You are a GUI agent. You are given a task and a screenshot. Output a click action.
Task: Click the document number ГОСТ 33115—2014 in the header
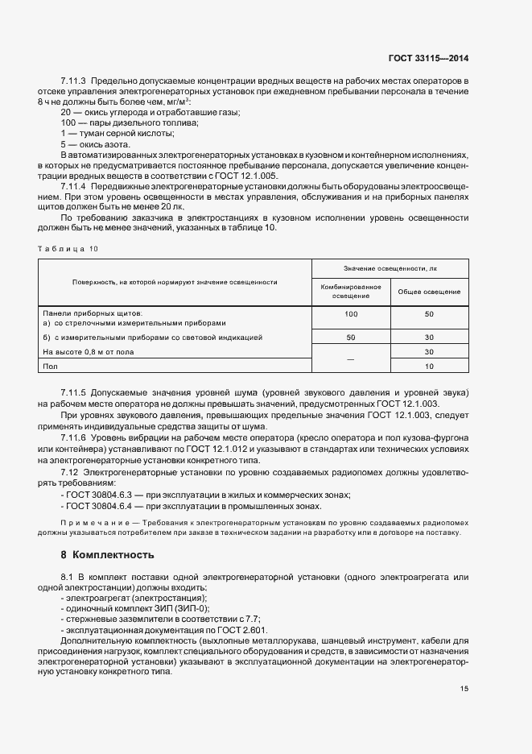(428, 58)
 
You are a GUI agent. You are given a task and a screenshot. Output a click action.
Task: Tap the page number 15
(464, 689)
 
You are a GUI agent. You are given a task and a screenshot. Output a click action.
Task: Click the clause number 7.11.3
(75, 81)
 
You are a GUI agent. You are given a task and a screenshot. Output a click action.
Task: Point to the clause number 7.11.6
(75, 437)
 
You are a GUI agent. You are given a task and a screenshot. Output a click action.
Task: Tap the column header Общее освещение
(429, 292)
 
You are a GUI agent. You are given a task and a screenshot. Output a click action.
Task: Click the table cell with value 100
(351, 313)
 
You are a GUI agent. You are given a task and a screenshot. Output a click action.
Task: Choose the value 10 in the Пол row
(429, 367)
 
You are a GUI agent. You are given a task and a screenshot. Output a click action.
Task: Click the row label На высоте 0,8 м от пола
(88, 352)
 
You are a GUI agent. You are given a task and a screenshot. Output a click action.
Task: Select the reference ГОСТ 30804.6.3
(100, 494)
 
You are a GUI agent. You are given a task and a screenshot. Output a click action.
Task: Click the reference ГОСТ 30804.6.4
(100, 506)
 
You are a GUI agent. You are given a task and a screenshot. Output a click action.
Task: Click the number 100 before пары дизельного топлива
(68, 122)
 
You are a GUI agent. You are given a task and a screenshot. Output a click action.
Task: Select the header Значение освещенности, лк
(390, 267)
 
